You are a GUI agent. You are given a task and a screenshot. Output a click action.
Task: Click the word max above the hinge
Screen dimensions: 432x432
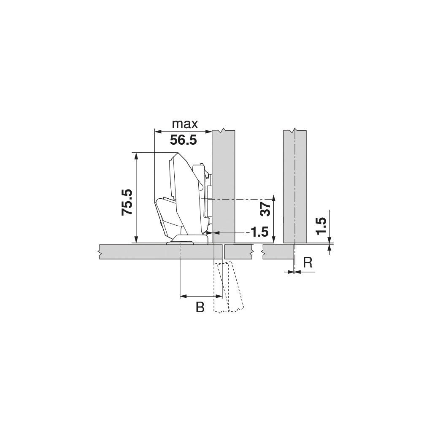pos(185,124)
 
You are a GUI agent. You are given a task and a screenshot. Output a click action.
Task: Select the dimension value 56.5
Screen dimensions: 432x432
pos(184,140)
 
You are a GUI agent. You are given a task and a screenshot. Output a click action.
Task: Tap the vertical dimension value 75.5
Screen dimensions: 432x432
pos(127,202)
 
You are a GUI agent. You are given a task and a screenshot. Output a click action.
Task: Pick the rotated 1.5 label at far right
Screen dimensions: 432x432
pos(321,226)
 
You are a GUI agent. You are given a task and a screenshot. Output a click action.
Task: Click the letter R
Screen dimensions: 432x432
pos(308,263)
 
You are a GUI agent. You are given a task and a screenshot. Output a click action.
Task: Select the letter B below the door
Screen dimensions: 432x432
pos(200,308)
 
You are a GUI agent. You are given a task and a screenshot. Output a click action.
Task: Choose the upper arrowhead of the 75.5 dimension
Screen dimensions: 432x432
pos(136,156)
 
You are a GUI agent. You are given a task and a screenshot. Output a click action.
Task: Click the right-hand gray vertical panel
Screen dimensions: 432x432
pos(295,186)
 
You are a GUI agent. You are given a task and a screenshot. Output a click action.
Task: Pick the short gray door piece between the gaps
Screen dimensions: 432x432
pos(239,251)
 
